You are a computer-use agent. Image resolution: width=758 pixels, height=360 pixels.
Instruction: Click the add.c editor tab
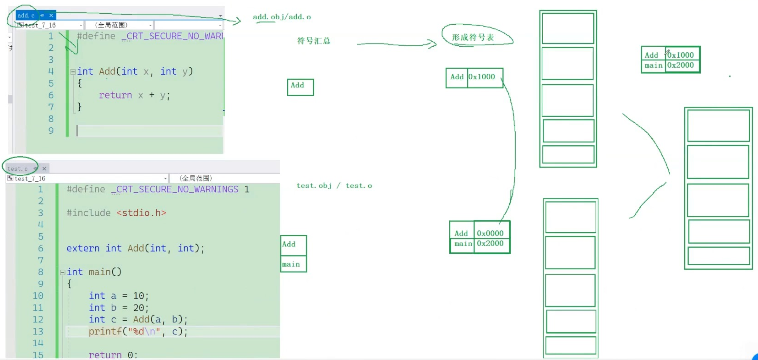(x=26, y=16)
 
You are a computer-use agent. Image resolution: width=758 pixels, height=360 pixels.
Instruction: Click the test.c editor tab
(x=17, y=169)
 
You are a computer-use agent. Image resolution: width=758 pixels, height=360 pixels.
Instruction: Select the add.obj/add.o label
(x=282, y=17)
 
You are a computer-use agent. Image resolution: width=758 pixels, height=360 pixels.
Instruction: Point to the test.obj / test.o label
(x=334, y=185)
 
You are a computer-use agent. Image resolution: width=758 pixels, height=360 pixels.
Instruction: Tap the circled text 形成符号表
(x=473, y=38)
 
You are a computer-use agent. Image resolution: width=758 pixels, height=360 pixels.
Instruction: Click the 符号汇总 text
(x=314, y=41)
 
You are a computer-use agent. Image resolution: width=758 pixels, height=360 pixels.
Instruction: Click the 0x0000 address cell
(x=490, y=233)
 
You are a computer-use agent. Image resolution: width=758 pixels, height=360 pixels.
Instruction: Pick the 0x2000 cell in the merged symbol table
(x=681, y=65)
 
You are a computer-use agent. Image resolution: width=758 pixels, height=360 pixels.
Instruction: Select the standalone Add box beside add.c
(x=300, y=87)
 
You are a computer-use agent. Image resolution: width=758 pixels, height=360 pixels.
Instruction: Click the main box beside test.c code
(x=293, y=264)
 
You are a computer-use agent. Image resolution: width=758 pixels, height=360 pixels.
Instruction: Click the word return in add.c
(x=115, y=95)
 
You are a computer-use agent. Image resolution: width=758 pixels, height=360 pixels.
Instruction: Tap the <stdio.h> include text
(x=141, y=213)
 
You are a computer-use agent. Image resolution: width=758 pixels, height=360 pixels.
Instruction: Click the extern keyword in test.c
(x=83, y=248)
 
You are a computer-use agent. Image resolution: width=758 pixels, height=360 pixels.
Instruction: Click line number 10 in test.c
(x=38, y=296)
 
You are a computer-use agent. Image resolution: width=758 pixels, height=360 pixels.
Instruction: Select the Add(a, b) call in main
(x=160, y=319)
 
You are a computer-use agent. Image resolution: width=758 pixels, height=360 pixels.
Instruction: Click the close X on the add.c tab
(x=51, y=16)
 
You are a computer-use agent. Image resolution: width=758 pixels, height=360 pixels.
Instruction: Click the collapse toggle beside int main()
(x=62, y=272)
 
